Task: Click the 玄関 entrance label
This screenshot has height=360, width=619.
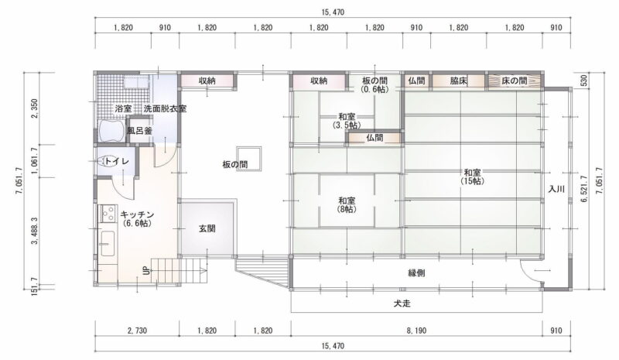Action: click(207, 228)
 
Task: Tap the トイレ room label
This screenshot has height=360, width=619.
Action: click(117, 161)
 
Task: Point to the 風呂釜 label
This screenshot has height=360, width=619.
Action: click(139, 131)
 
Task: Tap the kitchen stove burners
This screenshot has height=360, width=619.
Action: click(108, 214)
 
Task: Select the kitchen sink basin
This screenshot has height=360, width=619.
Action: click(107, 244)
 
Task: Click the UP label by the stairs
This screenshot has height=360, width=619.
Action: click(146, 271)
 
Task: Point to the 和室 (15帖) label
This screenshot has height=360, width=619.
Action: click(472, 177)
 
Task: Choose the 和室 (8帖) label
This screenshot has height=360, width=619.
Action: click(346, 204)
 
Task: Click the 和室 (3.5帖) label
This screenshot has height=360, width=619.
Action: click(346, 121)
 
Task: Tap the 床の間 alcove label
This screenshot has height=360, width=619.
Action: click(515, 81)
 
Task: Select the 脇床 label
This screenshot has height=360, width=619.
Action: click(459, 81)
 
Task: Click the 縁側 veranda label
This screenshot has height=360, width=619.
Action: click(416, 273)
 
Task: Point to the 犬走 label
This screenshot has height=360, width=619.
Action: click(402, 303)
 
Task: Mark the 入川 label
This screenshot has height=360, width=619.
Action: click(556, 189)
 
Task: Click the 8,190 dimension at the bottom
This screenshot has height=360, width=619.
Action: click(416, 331)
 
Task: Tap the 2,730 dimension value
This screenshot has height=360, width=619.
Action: click(137, 331)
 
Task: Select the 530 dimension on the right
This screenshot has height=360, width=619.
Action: click(584, 81)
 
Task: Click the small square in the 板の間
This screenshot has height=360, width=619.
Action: click(248, 159)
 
